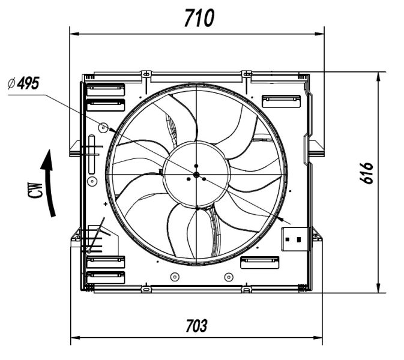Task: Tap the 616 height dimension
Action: click(x=368, y=173)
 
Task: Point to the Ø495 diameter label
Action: click(x=24, y=83)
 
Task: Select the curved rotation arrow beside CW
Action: click(x=50, y=183)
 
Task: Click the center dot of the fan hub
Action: click(x=196, y=175)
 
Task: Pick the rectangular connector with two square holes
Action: click(x=294, y=239)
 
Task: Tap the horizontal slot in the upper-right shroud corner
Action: click(x=281, y=100)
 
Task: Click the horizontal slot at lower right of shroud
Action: click(x=259, y=262)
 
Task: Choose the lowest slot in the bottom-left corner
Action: click(x=105, y=277)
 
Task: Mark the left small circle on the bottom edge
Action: click(x=174, y=277)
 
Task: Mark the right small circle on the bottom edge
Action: click(x=228, y=277)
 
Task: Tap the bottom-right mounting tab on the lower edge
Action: click(x=246, y=289)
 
